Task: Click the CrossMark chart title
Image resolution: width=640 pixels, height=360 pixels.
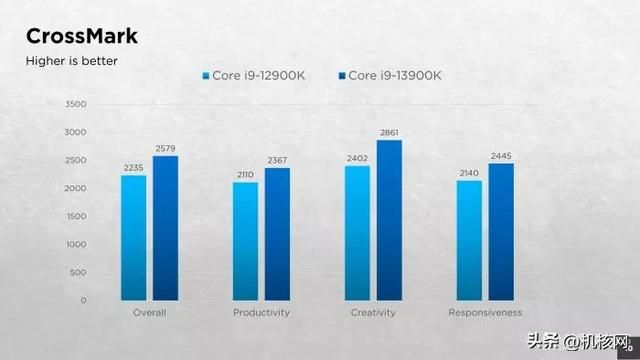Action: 82,37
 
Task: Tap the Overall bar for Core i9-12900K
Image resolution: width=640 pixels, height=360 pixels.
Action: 134,238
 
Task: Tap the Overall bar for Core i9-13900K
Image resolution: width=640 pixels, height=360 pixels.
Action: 166,228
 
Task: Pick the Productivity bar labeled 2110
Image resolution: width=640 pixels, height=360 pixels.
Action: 245,241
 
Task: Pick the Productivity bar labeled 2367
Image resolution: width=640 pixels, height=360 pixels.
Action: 277,234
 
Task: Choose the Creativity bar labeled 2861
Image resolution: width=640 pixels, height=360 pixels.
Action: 389,220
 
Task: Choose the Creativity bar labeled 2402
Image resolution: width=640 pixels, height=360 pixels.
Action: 357,233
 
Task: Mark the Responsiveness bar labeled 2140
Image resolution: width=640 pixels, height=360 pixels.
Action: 469,240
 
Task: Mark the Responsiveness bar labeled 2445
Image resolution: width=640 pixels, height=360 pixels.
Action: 501,232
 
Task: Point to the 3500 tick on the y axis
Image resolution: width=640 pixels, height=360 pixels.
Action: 75,104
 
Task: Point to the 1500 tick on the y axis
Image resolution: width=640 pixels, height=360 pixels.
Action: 75,216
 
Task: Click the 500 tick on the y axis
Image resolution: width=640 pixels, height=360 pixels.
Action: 77,272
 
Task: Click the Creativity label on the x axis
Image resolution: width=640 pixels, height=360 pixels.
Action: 373,313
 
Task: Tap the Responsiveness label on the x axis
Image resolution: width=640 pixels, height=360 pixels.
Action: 485,313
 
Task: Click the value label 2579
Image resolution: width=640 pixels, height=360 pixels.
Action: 166,149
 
